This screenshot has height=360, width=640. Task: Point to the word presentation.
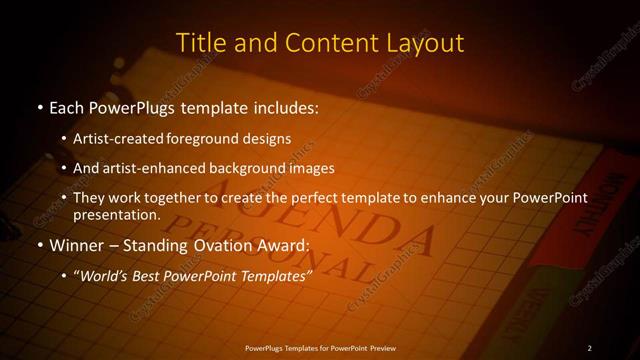tap(115, 214)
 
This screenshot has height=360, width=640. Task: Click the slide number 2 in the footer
tap(590, 348)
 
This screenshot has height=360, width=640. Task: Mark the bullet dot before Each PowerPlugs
tap(39, 106)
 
